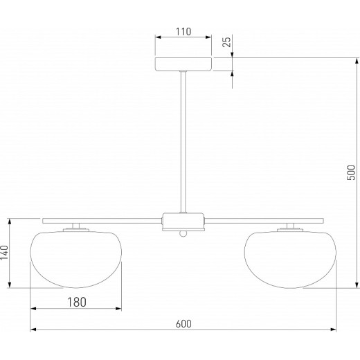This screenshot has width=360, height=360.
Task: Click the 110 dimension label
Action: (x=183, y=32)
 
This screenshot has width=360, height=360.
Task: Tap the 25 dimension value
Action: (x=226, y=42)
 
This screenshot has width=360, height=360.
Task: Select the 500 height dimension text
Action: (x=351, y=172)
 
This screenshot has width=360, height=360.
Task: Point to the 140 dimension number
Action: (x=4, y=253)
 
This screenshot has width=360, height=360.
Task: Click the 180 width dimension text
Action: (x=77, y=303)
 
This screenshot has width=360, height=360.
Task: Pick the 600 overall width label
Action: (x=183, y=324)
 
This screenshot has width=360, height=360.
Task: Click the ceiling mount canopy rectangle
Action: (x=183, y=64)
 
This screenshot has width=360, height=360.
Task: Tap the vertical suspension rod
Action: (x=183, y=142)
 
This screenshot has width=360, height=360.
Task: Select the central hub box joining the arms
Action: (x=183, y=222)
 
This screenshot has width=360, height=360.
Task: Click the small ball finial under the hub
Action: (x=183, y=234)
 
